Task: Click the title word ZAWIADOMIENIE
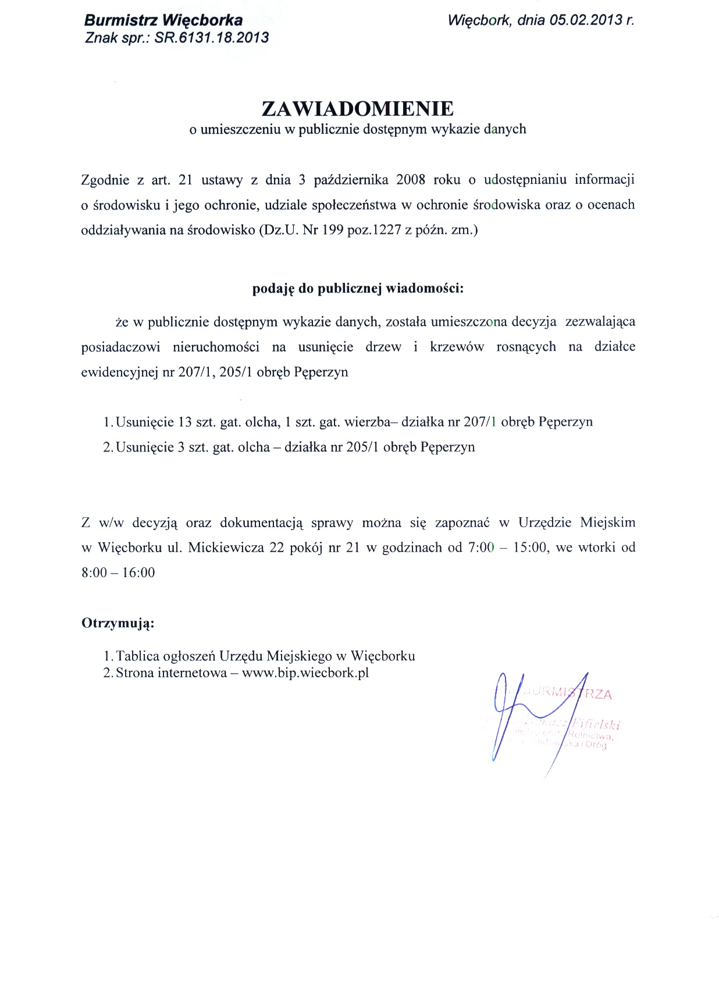tap(358, 109)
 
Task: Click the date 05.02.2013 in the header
tap(586, 20)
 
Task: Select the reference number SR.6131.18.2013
tap(212, 38)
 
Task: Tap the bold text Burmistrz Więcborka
tap(163, 20)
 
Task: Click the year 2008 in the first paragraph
tap(411, 180)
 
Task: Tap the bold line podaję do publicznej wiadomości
tap(358, 289)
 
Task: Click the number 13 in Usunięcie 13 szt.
tap(185, 422)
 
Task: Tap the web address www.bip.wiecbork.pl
tap(305, 673)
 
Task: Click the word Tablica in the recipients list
tap(137, 656)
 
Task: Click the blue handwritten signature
tap(512, 716)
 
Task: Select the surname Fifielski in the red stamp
tap(597, 724)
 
